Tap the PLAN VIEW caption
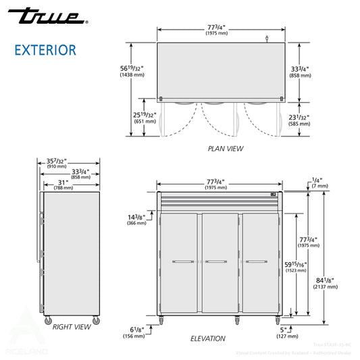pyautogui.click(x=226, y=149)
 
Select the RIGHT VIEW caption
pyautogui.click(x=71, y=327)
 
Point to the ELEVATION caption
pyautogui.click(x=207, y=338)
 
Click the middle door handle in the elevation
pyautogui.click(x=215, y=261)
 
